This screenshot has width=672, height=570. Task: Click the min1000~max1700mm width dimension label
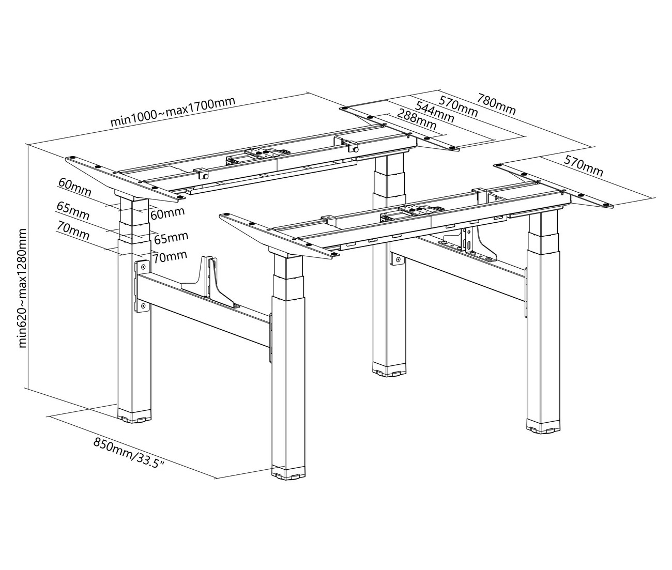pyautogui.click(x=173, y=111)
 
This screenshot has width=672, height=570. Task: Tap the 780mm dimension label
pyautogui.click(x=496, y=104)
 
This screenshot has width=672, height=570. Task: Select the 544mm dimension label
pyautogui.click(x=435, y=112)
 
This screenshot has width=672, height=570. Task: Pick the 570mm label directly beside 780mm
pyautogui.click(x=459, y=106)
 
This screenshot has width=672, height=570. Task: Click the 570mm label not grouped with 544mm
pyautogui.click(x=583, y=166)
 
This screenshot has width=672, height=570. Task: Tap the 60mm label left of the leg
pyautogui.click(x=74, y=188)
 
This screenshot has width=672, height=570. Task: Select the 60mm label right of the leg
pyautogui.click(x=167, y=213)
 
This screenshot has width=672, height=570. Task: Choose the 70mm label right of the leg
pyautogui.click(x=170, y=257)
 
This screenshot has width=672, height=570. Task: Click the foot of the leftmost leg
pyautogui.click(x=134, y=418)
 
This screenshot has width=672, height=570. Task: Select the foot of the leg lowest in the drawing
pyautogui.click(x=288, y=472)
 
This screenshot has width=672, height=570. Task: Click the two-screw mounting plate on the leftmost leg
pyautogui.click(x=142, y=286)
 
